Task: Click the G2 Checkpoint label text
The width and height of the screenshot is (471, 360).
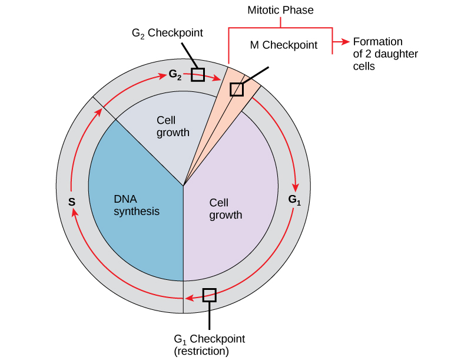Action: point(167,33)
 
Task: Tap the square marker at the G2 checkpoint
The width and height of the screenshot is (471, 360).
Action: point(198,75)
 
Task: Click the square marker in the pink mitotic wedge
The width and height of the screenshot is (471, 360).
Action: point(236,89)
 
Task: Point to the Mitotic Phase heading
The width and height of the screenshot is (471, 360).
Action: point(280,10)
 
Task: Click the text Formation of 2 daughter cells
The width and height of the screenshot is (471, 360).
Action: point(377,54)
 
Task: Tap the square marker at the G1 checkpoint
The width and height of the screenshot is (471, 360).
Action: point(209,295)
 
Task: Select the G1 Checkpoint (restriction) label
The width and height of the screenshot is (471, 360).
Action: point(209,345)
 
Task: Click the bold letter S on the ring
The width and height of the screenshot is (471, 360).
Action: point(71,202)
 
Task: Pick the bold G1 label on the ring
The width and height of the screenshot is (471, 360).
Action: point(294,200)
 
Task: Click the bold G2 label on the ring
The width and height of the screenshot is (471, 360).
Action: point(175,75)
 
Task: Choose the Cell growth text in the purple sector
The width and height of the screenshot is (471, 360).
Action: point(225,209)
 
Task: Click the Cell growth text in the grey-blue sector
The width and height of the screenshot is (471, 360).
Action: point(173,126)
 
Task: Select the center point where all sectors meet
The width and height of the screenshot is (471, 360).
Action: point(184,186)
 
